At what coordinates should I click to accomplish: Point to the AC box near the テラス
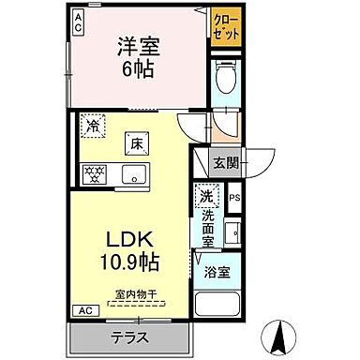(x=83, y=310)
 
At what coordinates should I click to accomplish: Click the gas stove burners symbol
(x=95, y=173)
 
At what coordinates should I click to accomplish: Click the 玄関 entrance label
(x=226, y=161)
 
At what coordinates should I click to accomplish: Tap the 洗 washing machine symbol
(x=205, y=197)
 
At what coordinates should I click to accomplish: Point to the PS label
(x=234, y=198)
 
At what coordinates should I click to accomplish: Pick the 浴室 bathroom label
(x=218, y=274)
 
